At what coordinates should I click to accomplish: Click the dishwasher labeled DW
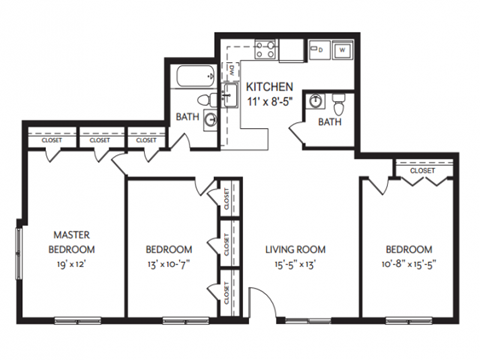[x=232, y=71]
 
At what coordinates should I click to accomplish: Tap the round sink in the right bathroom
[x=315, y=100]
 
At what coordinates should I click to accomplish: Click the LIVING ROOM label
[x=297, y=249]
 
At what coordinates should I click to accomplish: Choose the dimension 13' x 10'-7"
[x=167, y=267]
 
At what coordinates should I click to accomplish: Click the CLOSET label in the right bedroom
[x=422, y=171]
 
